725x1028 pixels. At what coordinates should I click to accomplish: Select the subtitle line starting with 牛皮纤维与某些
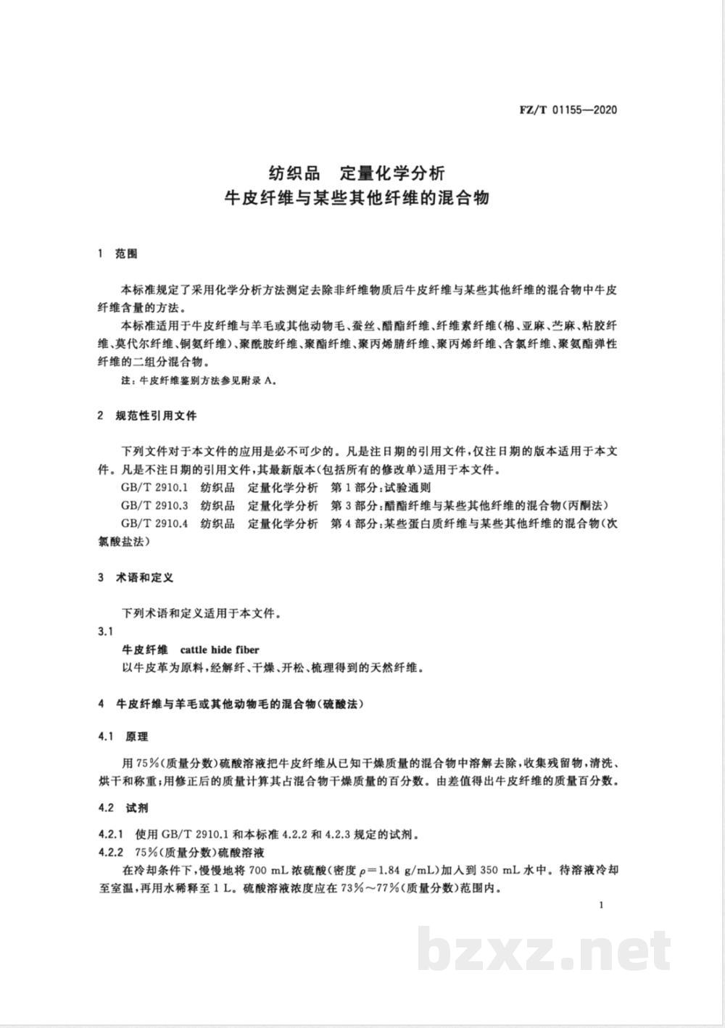(357, 198)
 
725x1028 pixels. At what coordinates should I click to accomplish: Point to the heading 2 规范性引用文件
(146, 416)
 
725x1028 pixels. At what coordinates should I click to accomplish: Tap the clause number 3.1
(106, 631)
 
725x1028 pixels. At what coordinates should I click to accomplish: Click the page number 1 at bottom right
(602, 905)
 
